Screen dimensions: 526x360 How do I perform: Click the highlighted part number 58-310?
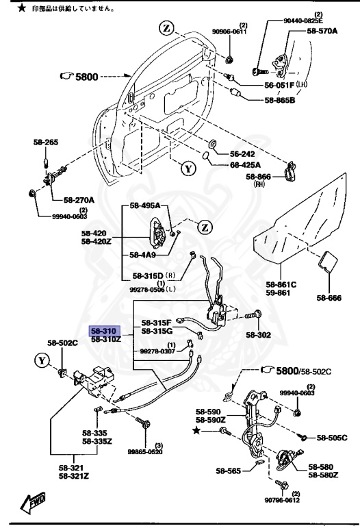point(105,330)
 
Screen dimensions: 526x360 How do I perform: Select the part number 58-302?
point(278,336)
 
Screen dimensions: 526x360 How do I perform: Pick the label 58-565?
point(229,471)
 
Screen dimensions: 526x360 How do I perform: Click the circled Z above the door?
point(166,28)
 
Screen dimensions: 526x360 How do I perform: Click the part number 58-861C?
point(281,284)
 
